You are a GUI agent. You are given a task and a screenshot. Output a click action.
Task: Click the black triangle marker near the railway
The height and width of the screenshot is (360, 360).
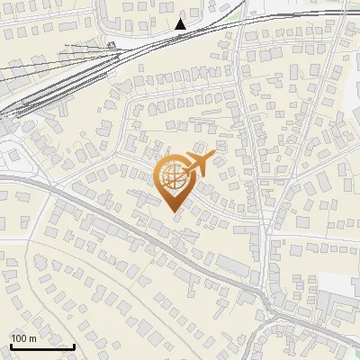(181, 24)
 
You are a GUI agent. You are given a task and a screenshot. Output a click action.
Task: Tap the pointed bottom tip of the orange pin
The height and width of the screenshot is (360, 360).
(174, 211)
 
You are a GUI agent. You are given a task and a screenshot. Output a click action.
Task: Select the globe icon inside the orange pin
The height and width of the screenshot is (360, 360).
(173, 178)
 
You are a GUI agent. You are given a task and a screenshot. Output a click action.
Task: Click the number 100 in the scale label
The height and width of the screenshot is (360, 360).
(20, 338)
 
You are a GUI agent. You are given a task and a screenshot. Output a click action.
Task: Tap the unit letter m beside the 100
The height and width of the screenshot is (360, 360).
(32, 338)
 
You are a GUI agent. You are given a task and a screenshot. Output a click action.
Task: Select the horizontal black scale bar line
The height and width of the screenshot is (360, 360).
(42, 346)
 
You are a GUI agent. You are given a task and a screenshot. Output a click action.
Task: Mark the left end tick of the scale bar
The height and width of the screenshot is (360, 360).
(11, 346)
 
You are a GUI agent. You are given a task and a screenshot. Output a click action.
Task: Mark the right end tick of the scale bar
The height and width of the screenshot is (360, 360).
(74, 346)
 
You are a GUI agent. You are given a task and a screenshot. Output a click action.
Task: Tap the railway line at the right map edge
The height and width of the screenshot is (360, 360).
(356, 13)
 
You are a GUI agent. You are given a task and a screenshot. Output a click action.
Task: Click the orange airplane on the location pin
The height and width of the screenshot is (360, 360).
(197, 163)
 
